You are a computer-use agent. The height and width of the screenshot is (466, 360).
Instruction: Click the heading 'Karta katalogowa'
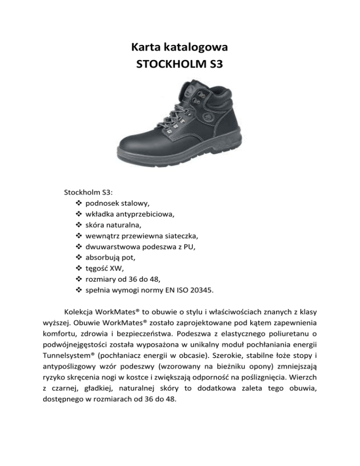coord(180,47)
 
